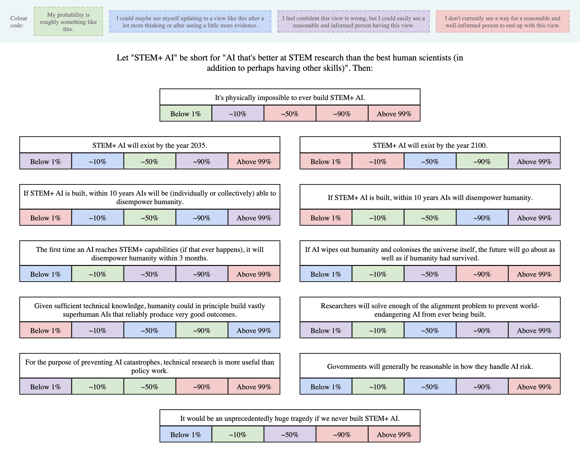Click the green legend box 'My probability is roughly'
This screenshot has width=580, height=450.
pos(68,22)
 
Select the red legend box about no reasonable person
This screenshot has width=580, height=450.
pos(502,22)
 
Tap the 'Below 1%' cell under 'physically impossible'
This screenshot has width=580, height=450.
pos(186,114)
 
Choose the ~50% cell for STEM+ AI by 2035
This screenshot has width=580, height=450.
pos(150,161)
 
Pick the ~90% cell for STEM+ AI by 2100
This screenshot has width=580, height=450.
pos(482,161)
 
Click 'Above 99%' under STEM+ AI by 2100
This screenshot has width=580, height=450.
pos(534,161)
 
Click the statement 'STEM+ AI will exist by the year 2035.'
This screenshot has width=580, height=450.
pos(150,145)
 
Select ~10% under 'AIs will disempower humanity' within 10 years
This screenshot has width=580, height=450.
pos(378,218)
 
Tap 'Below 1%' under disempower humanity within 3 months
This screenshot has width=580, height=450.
pos(45,274)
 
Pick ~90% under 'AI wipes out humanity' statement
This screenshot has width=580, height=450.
pos(482,274)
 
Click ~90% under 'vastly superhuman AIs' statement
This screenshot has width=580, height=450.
pos(202,330)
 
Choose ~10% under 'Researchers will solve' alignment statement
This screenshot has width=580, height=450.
pos(378,330)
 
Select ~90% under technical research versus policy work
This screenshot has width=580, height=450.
pos(202,387)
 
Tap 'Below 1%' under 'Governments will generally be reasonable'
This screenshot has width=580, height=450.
pos(326,387)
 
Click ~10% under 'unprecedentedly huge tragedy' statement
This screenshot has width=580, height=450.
pos(238,435)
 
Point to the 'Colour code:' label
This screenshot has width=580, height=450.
pos(19,22)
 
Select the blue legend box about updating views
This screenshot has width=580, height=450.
pos(190,22)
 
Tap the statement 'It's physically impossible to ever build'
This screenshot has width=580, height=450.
pos(290,97)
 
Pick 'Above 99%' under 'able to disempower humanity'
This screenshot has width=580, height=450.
pos(254,218)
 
